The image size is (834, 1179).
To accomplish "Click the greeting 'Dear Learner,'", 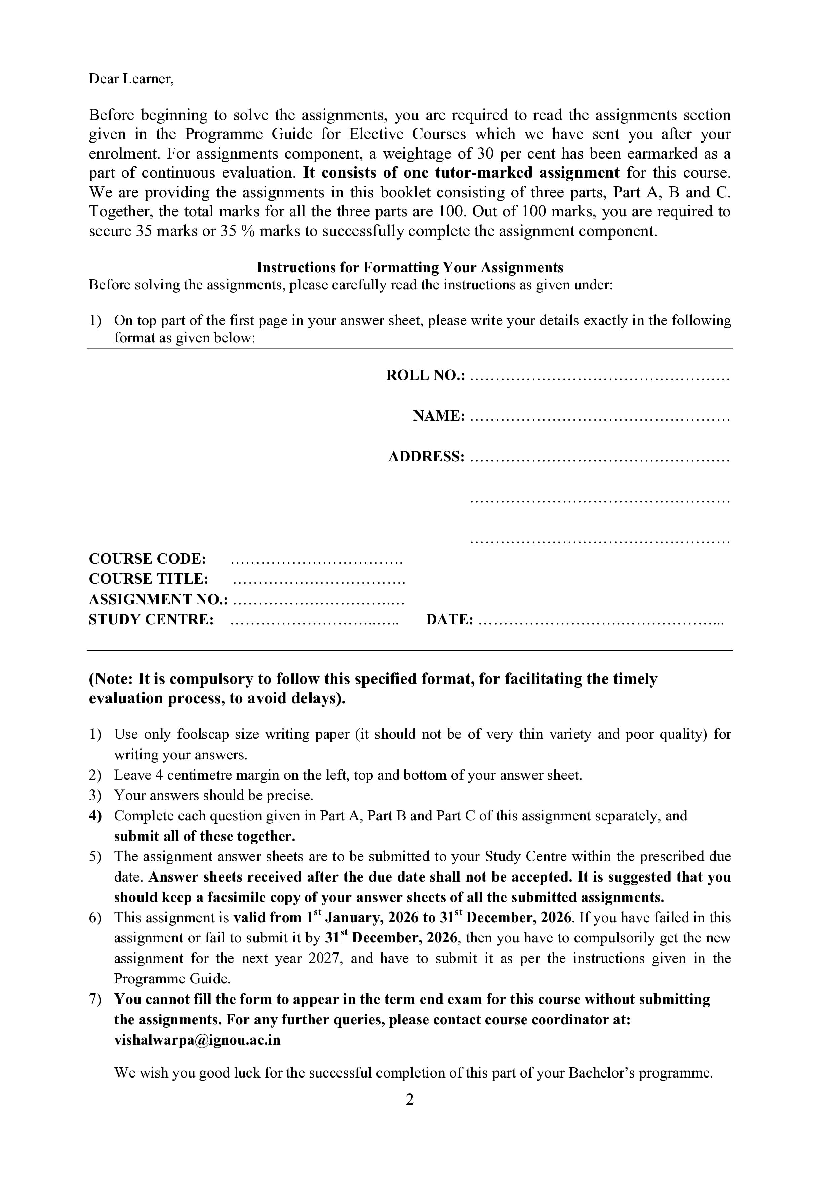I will (131, 79).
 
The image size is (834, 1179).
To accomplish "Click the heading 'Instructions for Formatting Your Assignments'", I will (410, 268).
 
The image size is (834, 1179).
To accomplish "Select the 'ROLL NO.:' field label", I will (425, 375).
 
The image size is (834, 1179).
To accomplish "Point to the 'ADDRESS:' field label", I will (426, 456).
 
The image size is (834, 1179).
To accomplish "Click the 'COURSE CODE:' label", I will (147, 559).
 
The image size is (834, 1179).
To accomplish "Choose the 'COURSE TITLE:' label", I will (149, 579).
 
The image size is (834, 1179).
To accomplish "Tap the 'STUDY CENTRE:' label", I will (151, 620).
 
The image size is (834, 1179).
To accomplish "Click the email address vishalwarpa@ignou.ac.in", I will (197, 1040).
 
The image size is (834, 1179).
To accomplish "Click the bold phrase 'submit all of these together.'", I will (204, 836).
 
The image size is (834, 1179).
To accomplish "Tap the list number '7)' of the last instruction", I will (95, 999).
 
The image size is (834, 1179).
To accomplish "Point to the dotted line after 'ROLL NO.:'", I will (600, 378).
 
